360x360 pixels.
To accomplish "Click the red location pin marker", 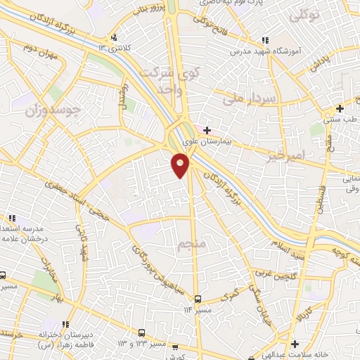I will pyautogui.click(x=181, y=165).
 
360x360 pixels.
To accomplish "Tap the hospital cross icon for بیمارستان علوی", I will pyautogui.click(x=207, y=130).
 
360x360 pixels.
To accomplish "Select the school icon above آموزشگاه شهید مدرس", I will pyautogui.click(x=264, y=41).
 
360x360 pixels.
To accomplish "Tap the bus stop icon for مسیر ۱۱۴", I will pyautogui.click(x=197, y=298).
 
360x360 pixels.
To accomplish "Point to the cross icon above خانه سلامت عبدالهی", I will pyautogui.click(x=295, y=342).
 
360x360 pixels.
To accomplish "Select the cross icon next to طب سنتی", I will pyautogui.click(x=340, y=108).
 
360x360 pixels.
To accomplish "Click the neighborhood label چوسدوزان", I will pyautogui.click(x=52, y=110).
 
